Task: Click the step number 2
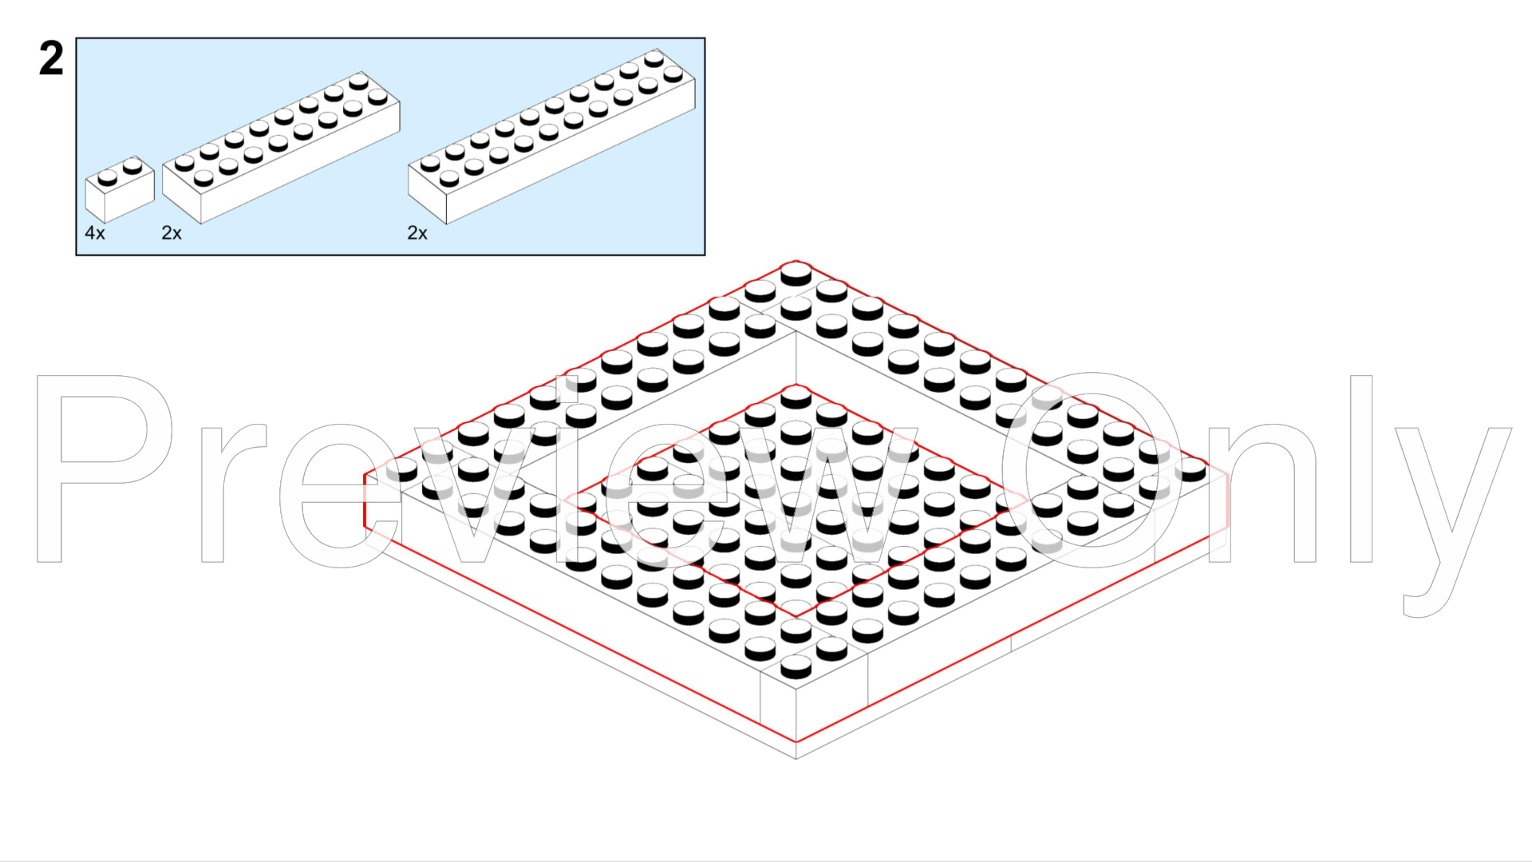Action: point(51,60)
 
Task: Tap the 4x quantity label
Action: point(95,233)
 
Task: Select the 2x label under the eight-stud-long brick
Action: point(172,233)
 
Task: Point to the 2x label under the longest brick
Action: point(417,233)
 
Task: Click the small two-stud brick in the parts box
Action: point(120,189)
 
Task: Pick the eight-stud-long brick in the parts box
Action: point(281,148)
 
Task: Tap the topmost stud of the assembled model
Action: point(796,274)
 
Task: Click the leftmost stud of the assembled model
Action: point(401,470)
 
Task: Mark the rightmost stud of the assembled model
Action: point(1190,470)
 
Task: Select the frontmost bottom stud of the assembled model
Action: point(796,666)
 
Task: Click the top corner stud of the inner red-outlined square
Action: point(796,397)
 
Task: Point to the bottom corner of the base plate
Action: point(796,757)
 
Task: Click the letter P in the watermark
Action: point(104,469)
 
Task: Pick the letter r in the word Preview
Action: point(232,492)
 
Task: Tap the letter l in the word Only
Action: point(1361,469)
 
